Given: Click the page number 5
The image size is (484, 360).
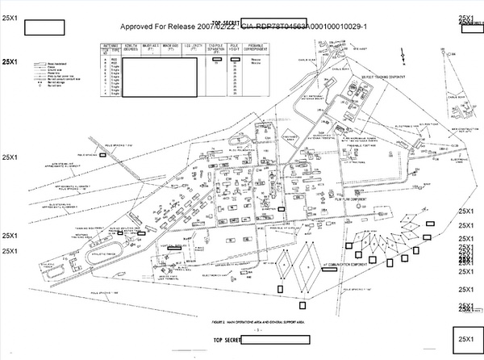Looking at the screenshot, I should [257, 329].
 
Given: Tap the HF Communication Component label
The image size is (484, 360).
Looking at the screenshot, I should [344, 265].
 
